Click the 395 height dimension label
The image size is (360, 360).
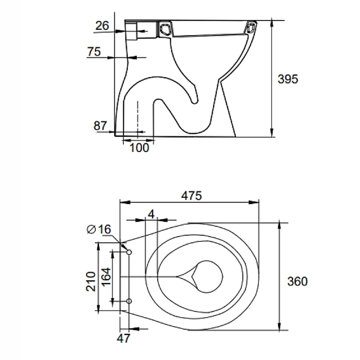point(288,79)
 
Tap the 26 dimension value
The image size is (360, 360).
point(102,26)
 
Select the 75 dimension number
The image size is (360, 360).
point(94,51)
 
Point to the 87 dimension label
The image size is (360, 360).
point(100,126)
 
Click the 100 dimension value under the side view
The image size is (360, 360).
point(139,148)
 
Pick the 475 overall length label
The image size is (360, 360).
point(192,196)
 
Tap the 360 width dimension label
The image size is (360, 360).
point(297,281)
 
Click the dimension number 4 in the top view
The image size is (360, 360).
point(151,214)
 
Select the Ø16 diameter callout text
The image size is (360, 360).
point(99,229)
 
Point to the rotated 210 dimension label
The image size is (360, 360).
point(91,282)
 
